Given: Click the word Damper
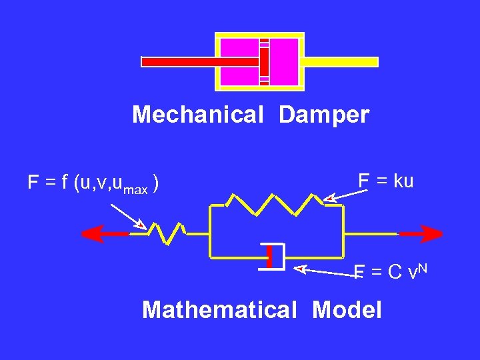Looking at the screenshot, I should click(324, 115).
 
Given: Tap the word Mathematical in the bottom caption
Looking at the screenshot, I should click(219, 310).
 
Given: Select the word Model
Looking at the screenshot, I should click(347, 310).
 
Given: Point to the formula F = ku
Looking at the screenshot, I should click(386, 181).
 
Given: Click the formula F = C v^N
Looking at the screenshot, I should click(390, 272).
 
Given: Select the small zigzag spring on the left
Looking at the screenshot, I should click(165, 233).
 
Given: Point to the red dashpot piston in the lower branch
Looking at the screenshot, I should click(270, 256).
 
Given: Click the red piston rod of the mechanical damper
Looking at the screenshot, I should click(200, 61).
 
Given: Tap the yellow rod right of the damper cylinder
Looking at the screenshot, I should click(341, 62).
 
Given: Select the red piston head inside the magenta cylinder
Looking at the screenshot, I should click(265, 62).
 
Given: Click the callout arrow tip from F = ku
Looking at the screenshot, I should click(327, 198).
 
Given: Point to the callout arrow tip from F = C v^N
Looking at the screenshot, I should click(299, 268).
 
